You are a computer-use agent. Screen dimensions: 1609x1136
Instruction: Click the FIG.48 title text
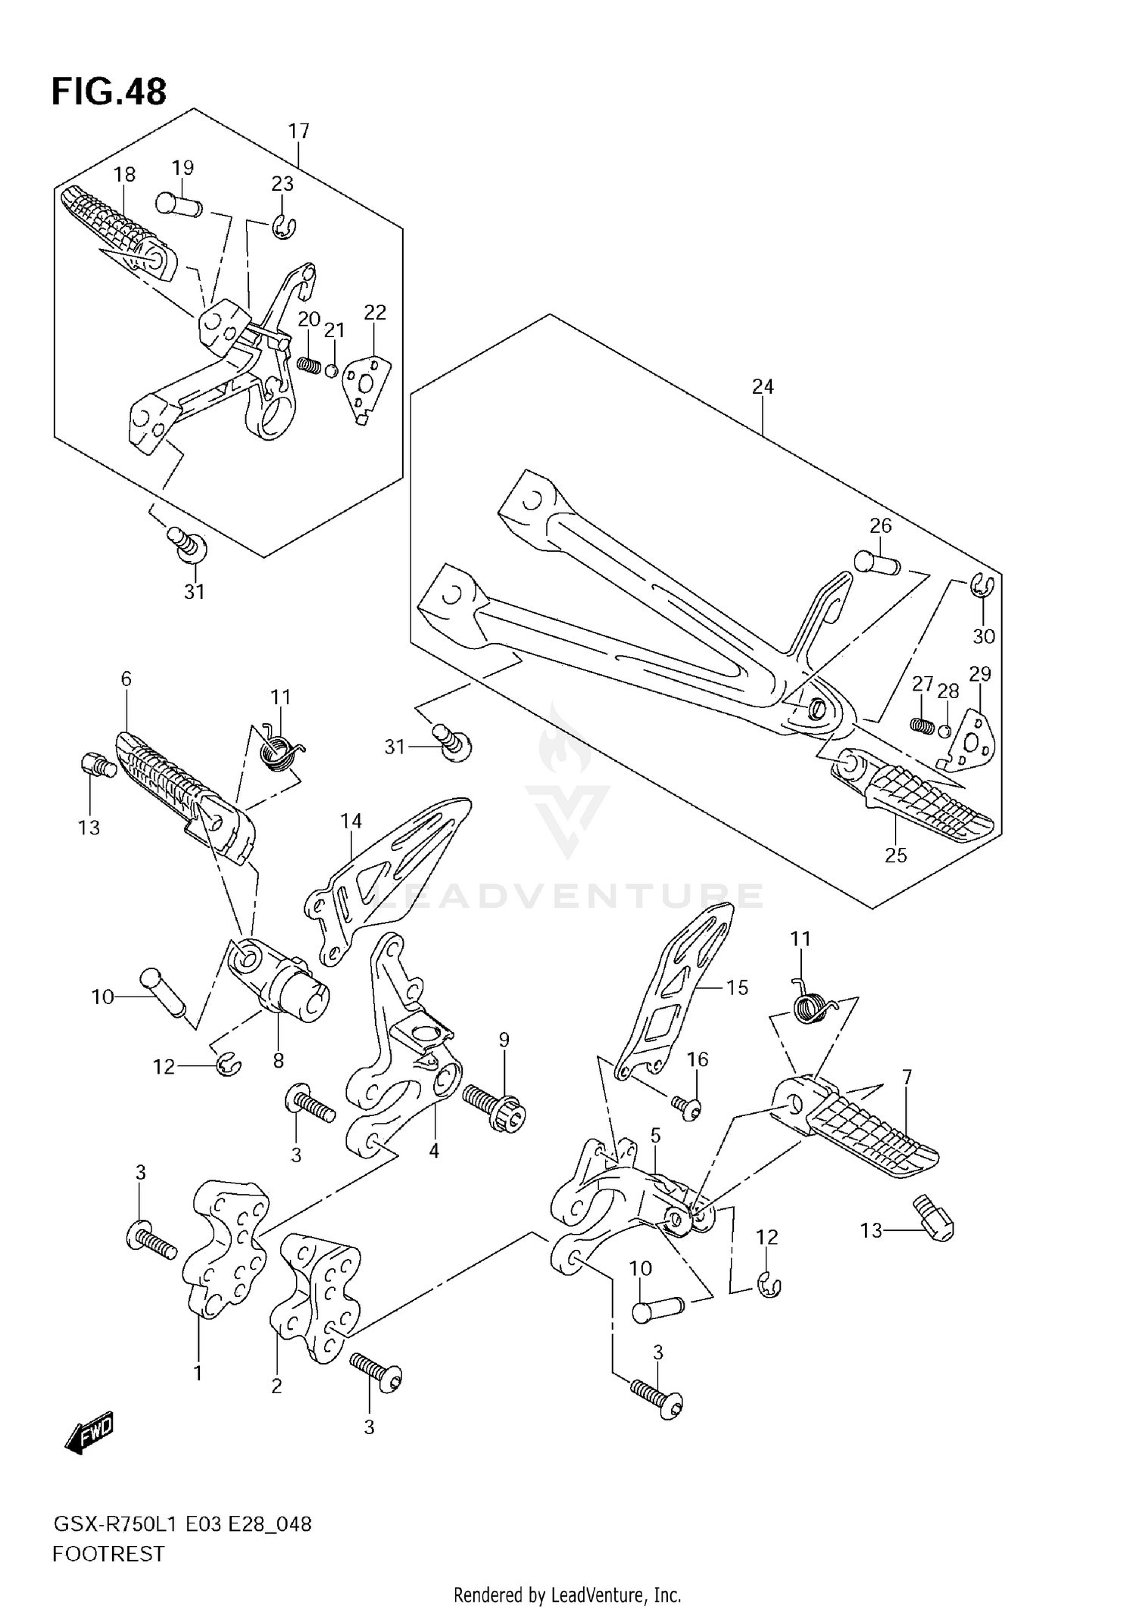[109, 92]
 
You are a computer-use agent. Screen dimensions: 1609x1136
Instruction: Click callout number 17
[299, 131]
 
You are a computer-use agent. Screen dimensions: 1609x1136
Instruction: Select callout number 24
[763, 387]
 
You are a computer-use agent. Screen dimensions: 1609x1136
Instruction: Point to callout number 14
[351, 821]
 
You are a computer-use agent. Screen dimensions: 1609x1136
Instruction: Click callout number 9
[504, 1040]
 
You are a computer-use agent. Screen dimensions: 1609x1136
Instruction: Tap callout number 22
[375, 313]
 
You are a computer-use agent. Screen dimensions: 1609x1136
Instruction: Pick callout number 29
[980, 674]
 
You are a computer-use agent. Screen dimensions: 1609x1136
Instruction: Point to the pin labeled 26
[875, 563]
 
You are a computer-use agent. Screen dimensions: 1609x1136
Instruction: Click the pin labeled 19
[177, 203]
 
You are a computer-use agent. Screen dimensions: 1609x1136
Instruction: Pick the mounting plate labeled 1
[226, 1242]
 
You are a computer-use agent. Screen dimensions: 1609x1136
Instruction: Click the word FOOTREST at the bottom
[108, 1554]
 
